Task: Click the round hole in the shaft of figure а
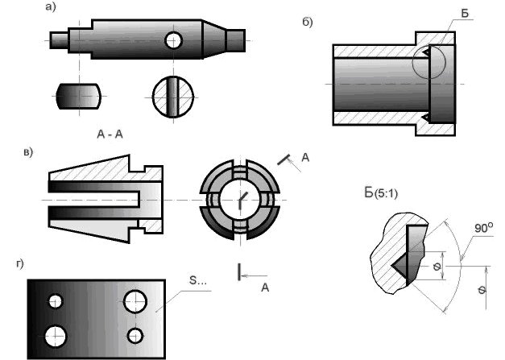(174, 40)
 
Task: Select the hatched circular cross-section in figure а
(173, 97)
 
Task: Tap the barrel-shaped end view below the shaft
(78, 96)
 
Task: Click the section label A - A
(110, 134)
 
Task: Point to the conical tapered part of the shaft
(214, 39)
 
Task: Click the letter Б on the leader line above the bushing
(465, 14)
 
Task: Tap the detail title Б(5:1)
(381, 193)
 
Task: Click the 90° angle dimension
(483, 228)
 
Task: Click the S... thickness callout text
(197, 280)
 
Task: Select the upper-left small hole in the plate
(56, 301)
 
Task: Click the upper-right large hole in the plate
(135, 301)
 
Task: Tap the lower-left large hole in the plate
(55, 337)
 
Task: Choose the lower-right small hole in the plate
(135, 336)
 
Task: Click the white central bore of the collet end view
(240, 200)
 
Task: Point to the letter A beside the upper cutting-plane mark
(305, 158)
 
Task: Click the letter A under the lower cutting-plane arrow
(265, 288)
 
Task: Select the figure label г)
(20, 264)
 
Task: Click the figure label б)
(307, 22)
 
